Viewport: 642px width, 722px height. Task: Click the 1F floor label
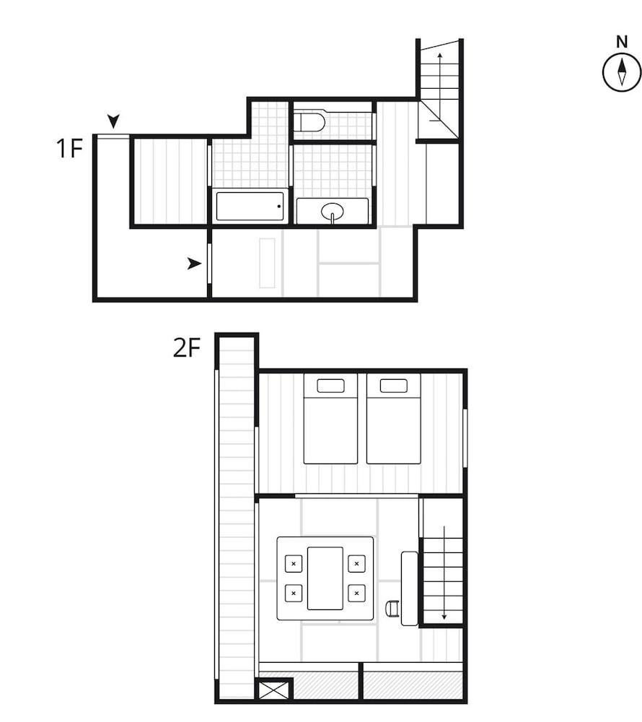pos(69,148)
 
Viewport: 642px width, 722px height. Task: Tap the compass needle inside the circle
pos(622,72)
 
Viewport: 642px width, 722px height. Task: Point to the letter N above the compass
pos(622,42)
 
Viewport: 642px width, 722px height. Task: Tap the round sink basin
pos(332,212)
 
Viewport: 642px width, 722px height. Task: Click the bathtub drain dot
pos(278,206)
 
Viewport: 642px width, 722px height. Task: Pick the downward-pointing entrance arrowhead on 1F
pos(113,121)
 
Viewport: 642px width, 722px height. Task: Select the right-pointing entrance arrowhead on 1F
pos(195,264)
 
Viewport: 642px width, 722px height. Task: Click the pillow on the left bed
pos(330,386)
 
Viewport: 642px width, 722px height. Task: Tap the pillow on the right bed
pos(394,386)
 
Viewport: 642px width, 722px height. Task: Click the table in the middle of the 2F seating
pos(325,578)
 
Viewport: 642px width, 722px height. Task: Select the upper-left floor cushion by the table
pos(294,564)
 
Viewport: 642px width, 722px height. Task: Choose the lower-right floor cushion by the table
pos(356,593)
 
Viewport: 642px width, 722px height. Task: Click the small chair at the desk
pos(392,608)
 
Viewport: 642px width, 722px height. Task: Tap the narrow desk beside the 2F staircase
pos(409,588)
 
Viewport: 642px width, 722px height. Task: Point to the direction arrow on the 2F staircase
pos(444,573)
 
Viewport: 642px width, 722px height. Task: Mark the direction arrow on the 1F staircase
pos(439,87)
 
